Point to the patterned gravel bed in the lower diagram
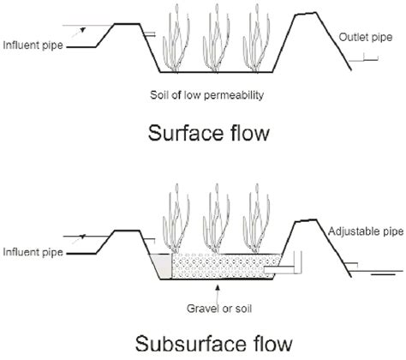pos(223,267)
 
